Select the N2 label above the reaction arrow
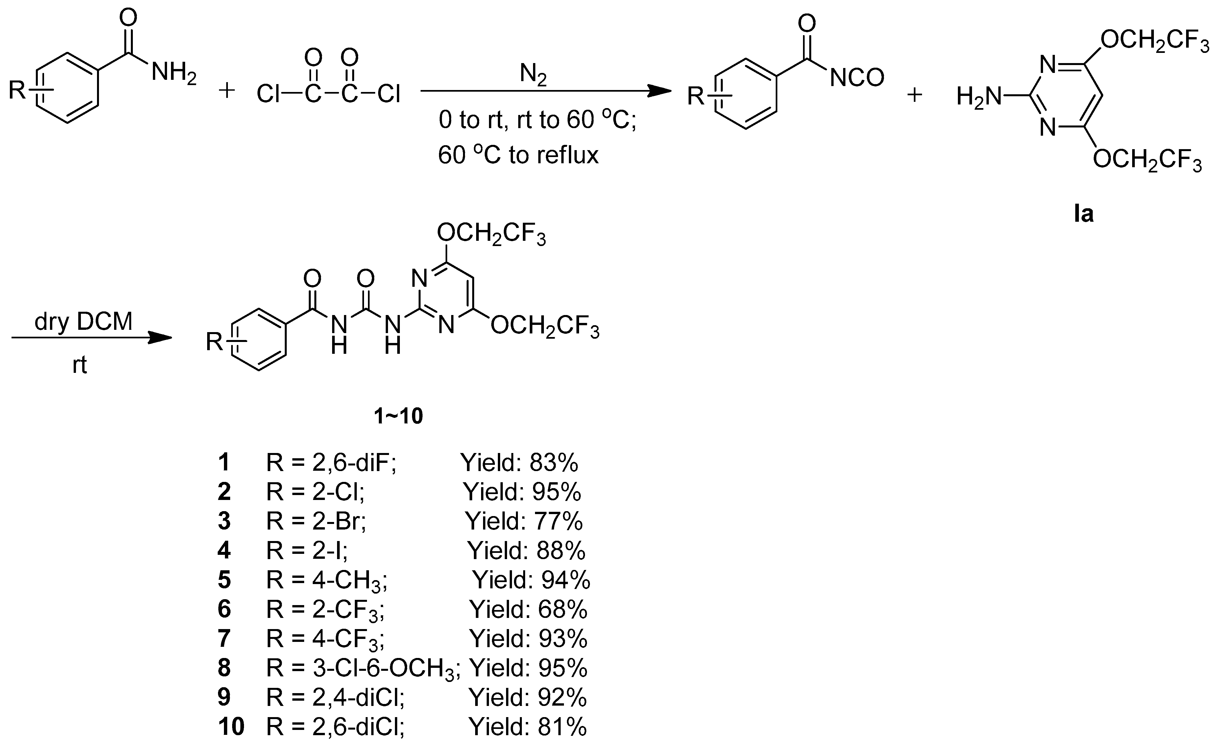(x=533, y=76)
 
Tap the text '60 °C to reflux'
(x=518, y=155)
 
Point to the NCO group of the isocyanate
(x=857, y=78)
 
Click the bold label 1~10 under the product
(x=399, y=416)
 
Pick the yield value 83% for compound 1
(x=554, y=463)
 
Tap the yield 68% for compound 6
(x=563, y=609)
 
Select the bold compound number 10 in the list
(x=231, y=727)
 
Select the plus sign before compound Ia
(x=915, y=95)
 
